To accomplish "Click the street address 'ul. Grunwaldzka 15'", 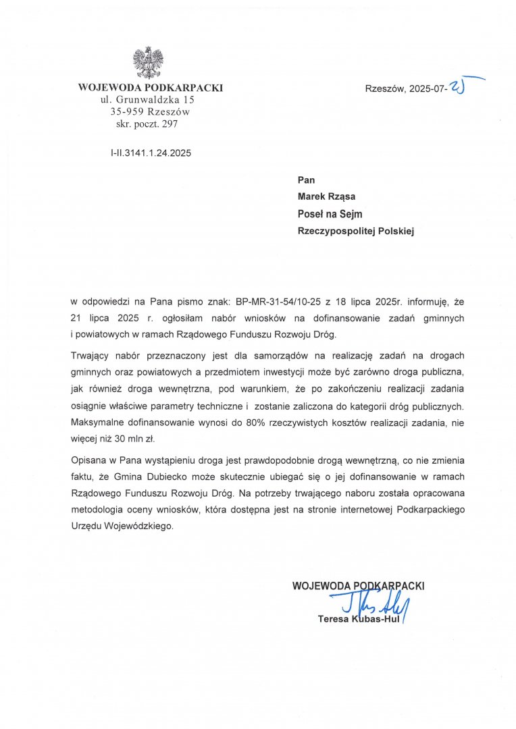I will tap(149, 99).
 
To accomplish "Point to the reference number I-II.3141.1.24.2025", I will tap(151, 153).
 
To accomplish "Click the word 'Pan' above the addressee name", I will tap(306, 180).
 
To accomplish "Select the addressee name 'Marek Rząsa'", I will tap(328, 196).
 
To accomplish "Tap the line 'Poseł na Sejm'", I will tap(330, 214).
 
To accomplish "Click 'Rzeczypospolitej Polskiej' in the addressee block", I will tap(355, 231).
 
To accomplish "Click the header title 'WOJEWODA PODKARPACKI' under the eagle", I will tap(150, 87).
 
